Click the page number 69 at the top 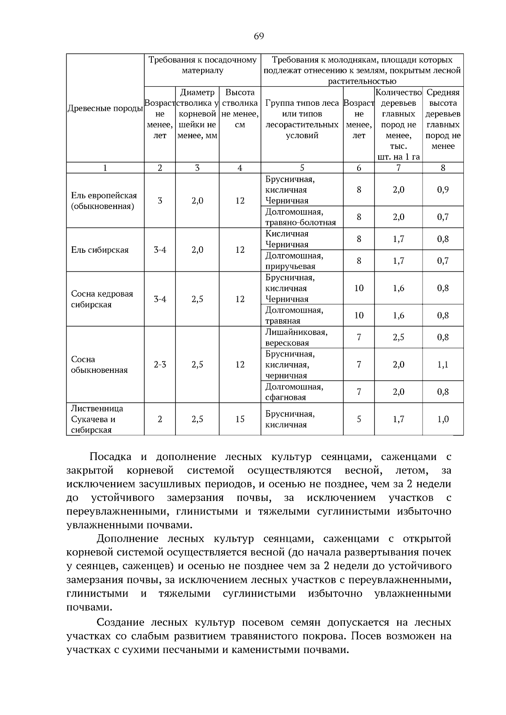tap(258, 36)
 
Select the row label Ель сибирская tap(100, 250)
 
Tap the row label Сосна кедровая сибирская tap(102, 299)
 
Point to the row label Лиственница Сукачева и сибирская tap(97, 419)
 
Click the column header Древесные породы tap(105, 109)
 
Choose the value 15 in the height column tap(240, 419)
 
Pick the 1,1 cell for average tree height tap(443, 364)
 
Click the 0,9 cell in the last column tap(443, 190)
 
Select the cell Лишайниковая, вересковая tap(296, 337)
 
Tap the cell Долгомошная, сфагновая tap(294, 392)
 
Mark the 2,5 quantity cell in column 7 tap(398, 337)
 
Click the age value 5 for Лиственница tap(359, 419)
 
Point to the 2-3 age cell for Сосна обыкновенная tap(160, 364)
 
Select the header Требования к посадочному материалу tap(202, 65)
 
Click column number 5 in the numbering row tap(302, 168)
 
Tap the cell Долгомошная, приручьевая tap(294, 261)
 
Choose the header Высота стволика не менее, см tap(240, 109)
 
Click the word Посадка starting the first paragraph tap(110, 457)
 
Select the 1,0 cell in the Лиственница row tap(443, 419)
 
